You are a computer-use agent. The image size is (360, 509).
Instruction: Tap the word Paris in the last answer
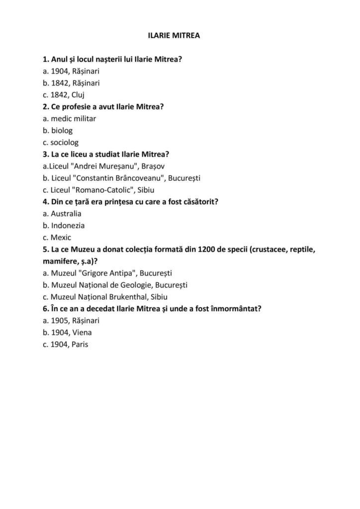(x=80, y=344)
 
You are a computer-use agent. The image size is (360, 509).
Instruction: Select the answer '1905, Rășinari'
(x=71, y=321)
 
